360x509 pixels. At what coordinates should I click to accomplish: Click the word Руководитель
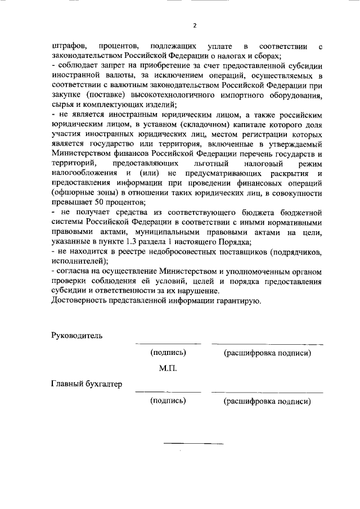tap(77, 335)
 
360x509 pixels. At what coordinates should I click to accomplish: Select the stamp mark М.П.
tap(168, 369)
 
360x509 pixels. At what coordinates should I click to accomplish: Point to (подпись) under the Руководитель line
tap(168, 353)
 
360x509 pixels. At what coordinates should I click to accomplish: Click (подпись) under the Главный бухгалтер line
tap(168, 402)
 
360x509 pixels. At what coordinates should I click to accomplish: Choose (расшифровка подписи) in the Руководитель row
tap(267, 353)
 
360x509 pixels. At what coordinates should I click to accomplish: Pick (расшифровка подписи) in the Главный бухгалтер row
tap(267, 402)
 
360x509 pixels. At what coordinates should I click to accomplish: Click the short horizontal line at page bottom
tap(193, 444)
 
